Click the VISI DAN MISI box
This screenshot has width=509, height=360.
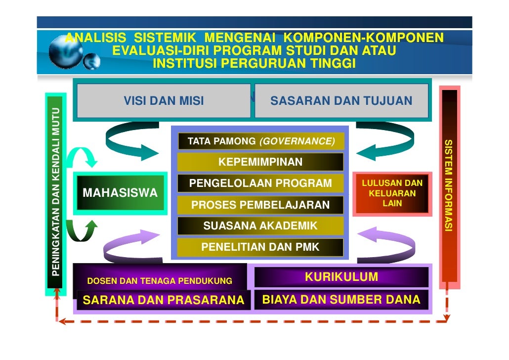(x=164, y=101)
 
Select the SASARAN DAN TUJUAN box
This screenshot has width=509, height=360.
(x=341, y=101)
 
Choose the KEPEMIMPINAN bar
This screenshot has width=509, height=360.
(x=260, y=162)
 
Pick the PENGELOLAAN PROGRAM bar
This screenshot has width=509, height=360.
(x=260, y=183)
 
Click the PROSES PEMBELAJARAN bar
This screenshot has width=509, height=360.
(x=260, y=205)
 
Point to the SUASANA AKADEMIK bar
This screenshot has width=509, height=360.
(x=260, y=226)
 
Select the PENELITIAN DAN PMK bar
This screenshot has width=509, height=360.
(x=260, y=247)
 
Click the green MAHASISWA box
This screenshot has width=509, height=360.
(x=119, y=193)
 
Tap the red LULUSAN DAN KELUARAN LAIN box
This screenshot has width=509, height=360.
(x=392, y=193)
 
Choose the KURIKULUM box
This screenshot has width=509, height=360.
(x=341, y=277)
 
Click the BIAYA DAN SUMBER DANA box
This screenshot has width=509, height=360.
(x=341, y=300)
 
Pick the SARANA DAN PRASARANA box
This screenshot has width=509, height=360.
(x=163, y=300)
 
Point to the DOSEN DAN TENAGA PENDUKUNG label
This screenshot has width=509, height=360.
(x=160, y=281)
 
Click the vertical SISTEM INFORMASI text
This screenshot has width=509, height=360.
(x=449, y=186)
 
